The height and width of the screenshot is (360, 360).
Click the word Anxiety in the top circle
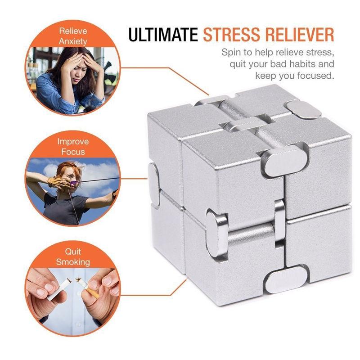pyautogui.click(x=72, y=41)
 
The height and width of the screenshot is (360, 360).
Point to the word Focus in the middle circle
pyautogui.click(x=73, y=151)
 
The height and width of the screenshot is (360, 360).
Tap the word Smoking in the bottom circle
pyautogui.click(x=73, y=261)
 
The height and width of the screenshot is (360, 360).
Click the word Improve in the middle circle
pyautogui.click(x=73, y=142)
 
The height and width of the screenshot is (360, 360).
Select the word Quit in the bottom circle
pyautogui.click(x=73, y=252)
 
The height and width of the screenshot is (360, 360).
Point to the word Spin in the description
pyautogui.click(x=230, y=53)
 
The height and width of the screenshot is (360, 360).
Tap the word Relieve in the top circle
pyautogui.click(x=73, y=32)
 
